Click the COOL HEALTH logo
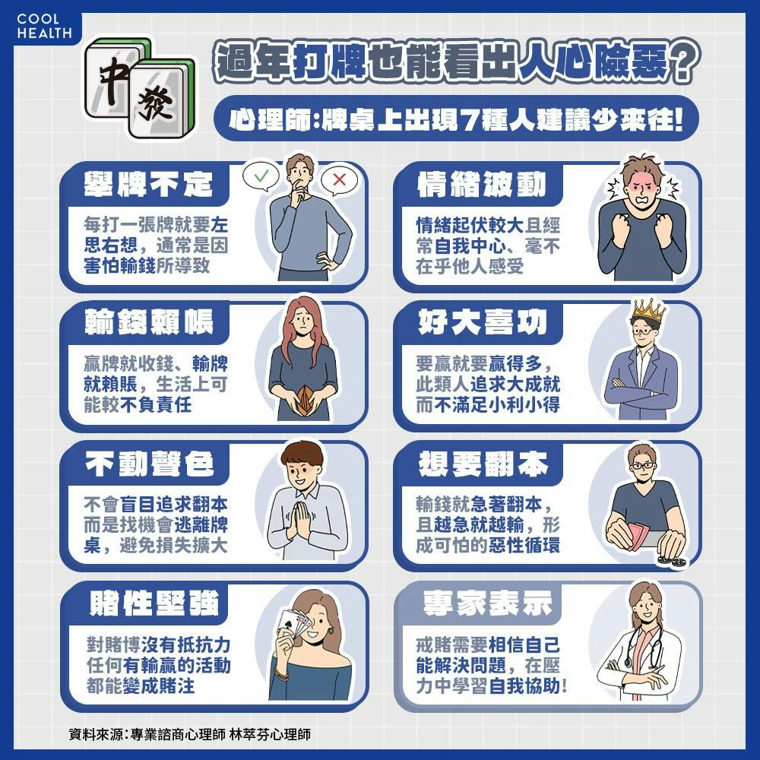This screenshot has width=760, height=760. (44, 27)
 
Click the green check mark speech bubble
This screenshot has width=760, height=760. (261, 177)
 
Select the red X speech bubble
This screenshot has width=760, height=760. (339, 180)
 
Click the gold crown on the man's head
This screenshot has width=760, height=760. (648, 309)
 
